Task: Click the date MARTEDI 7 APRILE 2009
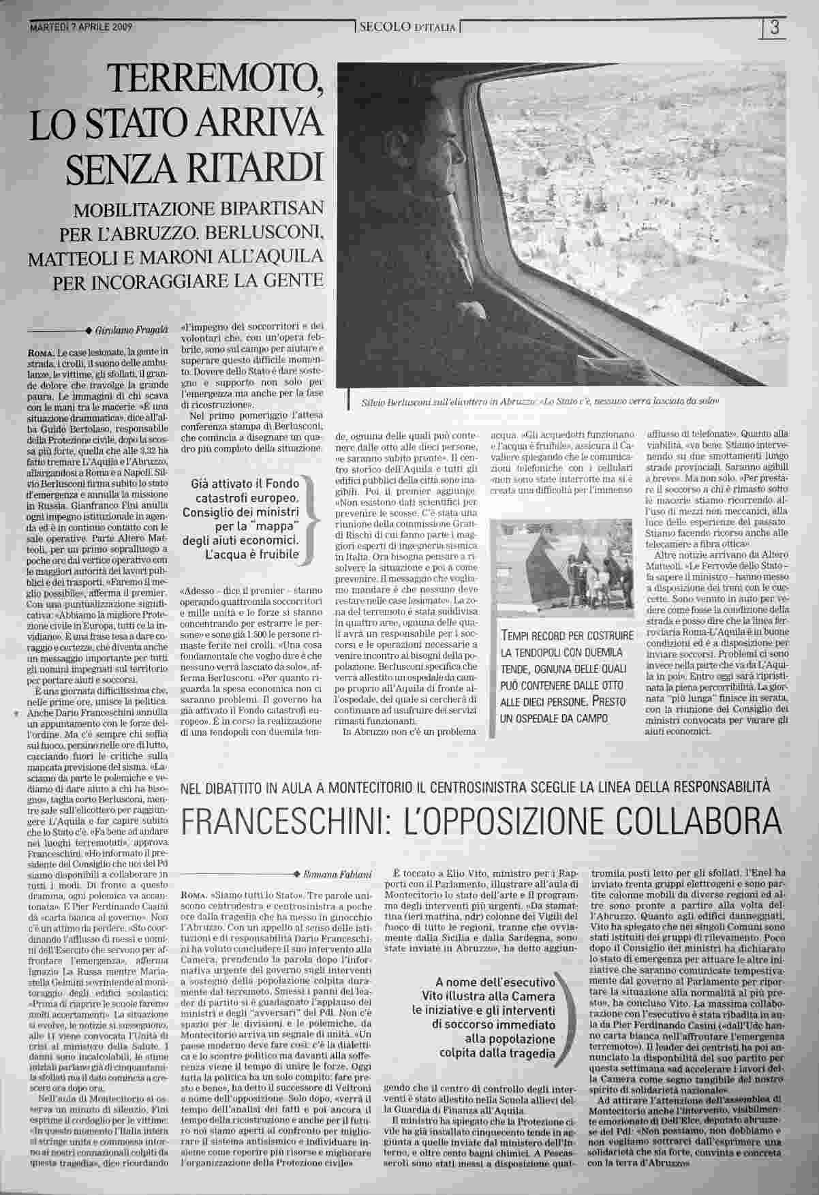point(81,28)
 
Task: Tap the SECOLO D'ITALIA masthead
point(407,28)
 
